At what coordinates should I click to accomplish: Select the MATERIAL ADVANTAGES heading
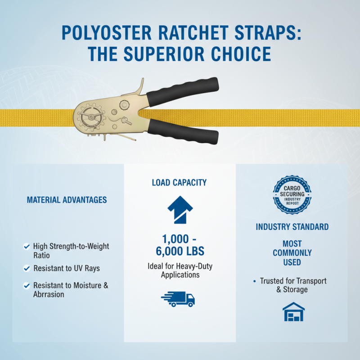point(67,199)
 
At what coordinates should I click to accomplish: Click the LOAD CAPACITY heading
point(179,183)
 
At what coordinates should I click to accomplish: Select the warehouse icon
point(293,312)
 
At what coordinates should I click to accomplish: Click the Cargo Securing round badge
point(292,194)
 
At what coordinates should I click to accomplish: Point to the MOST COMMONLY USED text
point(292,252)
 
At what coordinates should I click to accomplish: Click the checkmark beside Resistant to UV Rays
point(27,269)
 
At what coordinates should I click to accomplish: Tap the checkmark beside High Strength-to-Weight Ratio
point(27,247)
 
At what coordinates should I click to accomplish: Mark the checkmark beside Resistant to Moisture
point(27,286)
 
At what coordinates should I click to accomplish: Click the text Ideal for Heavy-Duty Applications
point(180,270)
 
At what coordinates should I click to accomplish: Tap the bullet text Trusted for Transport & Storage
point(293,285)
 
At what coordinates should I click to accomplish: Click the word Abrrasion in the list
point(49,294)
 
